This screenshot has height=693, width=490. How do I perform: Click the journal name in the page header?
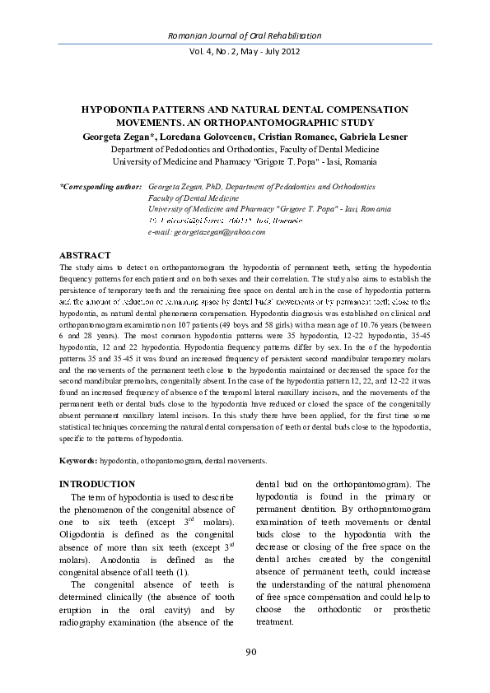(245, 36)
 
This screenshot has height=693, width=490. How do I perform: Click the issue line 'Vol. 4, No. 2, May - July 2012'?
(245, 51)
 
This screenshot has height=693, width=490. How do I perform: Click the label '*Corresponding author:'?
(101, 188)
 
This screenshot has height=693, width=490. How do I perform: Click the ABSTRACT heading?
(87, 255)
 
